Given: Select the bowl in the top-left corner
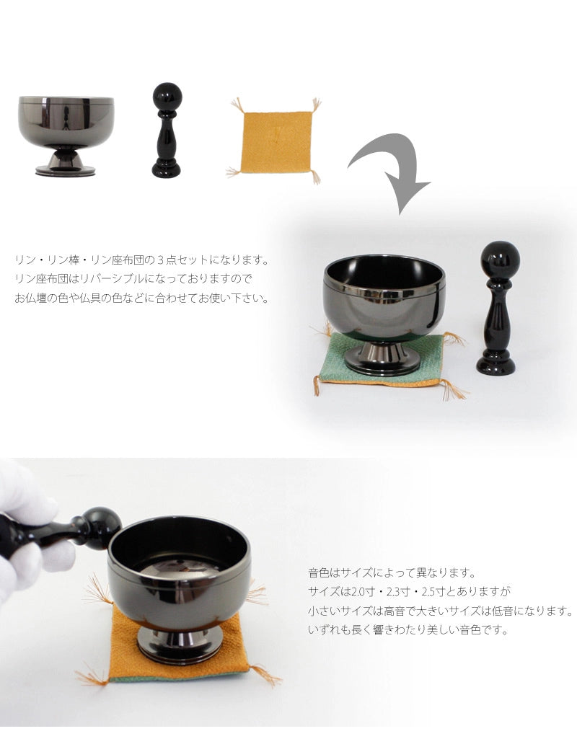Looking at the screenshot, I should click(66, 123).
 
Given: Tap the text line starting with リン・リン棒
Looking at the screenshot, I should click(141, 259).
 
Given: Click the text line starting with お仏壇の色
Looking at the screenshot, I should click(141, 298).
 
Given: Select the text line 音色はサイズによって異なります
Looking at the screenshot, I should click(392, 573).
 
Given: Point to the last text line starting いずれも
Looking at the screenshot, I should click(408, 629).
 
